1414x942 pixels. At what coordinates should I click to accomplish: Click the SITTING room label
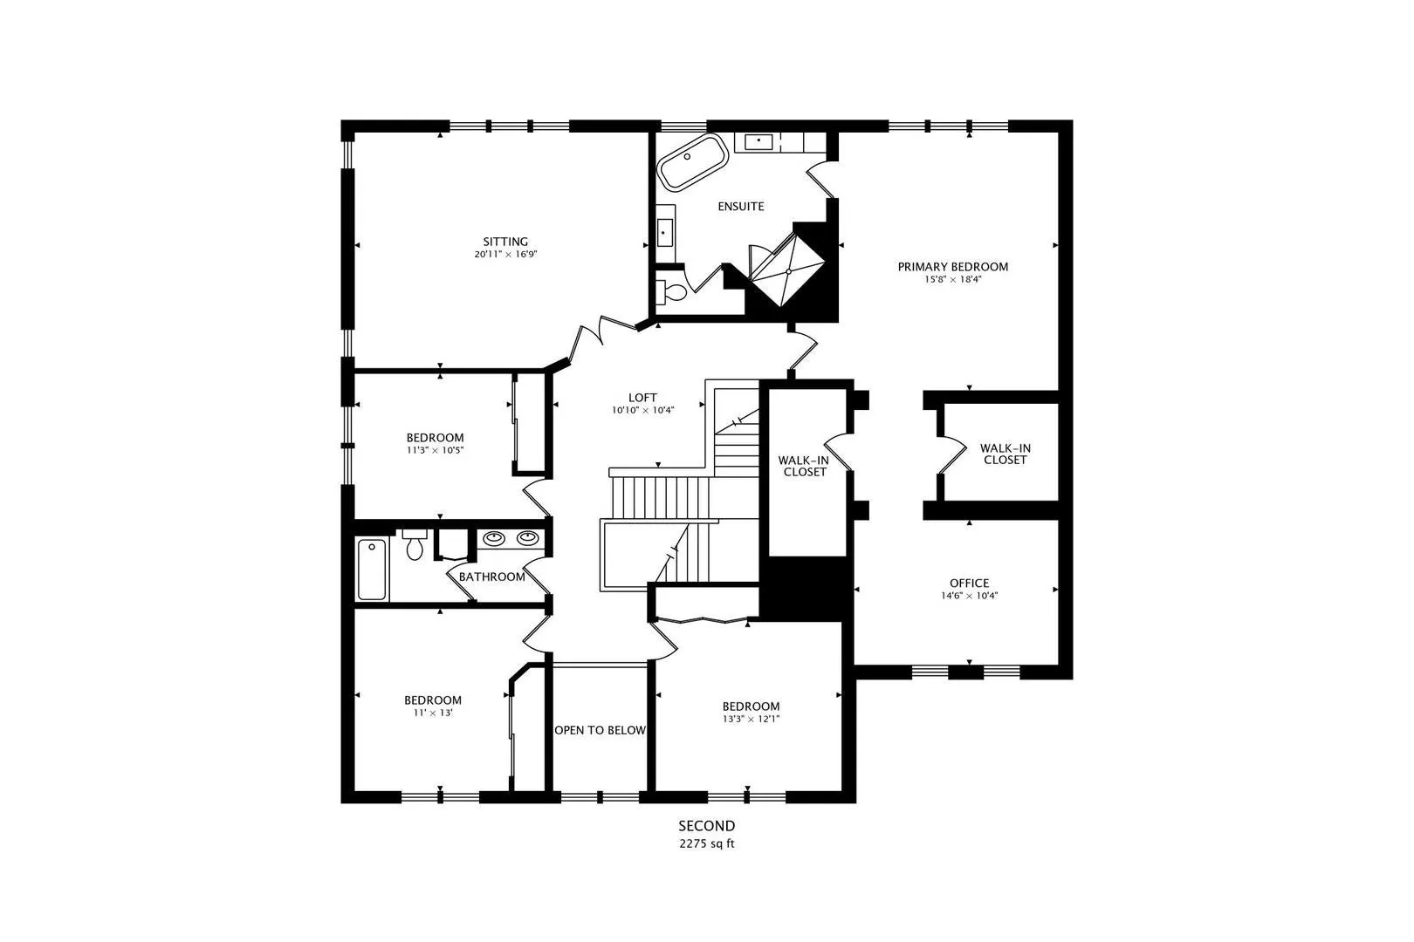pyautogui.click(x=505, y=242)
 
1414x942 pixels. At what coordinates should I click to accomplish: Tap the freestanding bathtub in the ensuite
pyautogui.click(x=692, y=162)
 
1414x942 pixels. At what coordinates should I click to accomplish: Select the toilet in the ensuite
pyautogui.click(x=672, y=292)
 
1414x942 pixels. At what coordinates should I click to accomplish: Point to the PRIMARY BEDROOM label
pyautogui.click(x=952, y=267)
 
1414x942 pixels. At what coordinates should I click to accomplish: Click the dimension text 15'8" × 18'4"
pyautogui.click(x=952, y=279)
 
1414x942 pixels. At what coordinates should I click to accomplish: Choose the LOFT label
pyautogui.click(x=642, y=398)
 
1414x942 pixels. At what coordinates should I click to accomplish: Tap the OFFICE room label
pyautogui.click(x=969, y=583)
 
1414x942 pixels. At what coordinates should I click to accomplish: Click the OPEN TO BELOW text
pyautogui.click(x=600, y=730)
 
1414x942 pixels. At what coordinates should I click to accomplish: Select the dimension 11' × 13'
pyautogui.click(x=433, y=713)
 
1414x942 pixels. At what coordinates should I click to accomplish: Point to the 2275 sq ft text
pyautogui.click(x=707, y=843)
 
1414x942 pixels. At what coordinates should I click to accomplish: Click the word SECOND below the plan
pyautogui.click(x=707, y=826)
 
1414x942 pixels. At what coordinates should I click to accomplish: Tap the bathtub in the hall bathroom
pyautogui.click(x=372, y=569)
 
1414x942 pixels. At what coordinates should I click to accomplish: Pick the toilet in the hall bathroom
pyautogui.click(x=414, y=544)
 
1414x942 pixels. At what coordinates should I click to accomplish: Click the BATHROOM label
pyautogui.click(x=491, y=577)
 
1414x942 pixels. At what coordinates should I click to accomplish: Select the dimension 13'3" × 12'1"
pyautogui.click(x=752, y=720)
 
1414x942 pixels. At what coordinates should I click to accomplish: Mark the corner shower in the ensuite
pyautogui.click(x=788, y=270)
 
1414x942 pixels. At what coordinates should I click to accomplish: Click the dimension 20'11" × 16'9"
pyautogui.click(x=505, y=255)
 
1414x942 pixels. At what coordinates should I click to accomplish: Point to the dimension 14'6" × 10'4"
pyautogui.click(x=969, y=596)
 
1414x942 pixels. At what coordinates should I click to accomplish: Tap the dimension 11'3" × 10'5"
pyautogui.click(x=435, y=450)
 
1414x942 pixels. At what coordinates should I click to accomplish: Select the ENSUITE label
pyautogui.click(x=740, y=207)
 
